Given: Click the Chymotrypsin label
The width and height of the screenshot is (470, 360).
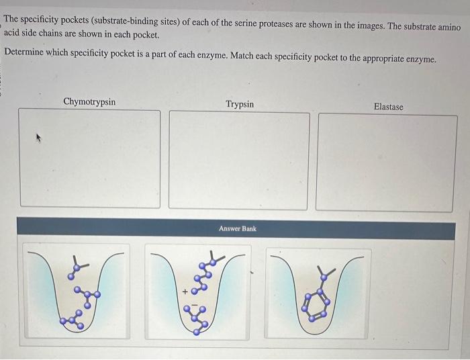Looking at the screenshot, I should coord(89,102).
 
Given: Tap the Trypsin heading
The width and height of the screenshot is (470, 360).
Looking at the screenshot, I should coord(240,104).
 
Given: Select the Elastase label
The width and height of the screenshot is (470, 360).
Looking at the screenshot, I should coord(388,107).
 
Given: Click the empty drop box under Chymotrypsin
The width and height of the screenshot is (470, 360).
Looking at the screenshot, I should coord(90,159).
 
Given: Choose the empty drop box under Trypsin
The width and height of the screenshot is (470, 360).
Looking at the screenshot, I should coord(239,160).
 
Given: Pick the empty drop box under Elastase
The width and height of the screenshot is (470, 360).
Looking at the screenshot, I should coord(387,163).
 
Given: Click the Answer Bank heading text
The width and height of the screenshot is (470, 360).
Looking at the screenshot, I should coord(237,229).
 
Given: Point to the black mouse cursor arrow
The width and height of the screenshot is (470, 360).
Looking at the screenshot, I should coord(39,138).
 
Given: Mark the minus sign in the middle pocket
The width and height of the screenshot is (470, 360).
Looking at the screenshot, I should coord(195,307).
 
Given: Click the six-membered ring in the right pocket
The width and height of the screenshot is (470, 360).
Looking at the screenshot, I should coord(315,304).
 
